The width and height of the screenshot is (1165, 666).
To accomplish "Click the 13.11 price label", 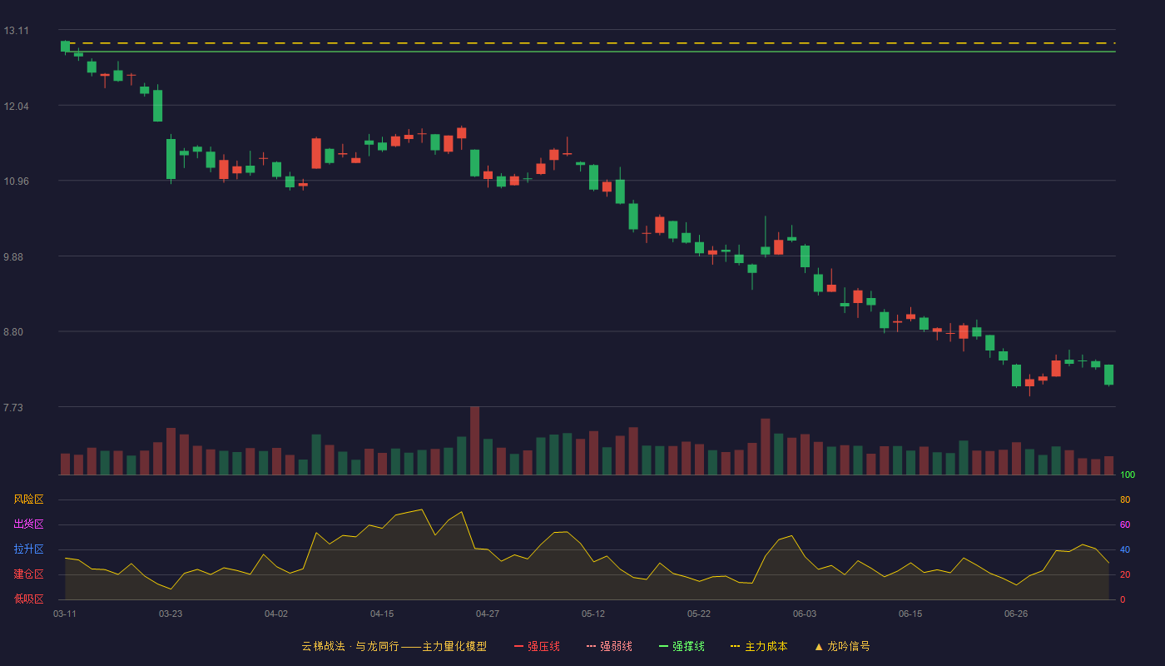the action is tap(16, 31).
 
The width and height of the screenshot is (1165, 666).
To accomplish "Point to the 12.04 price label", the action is tap(16, 107).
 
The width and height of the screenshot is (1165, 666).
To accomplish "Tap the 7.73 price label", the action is tap(13, 407).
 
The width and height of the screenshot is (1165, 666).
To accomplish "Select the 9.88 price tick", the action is tap(13, 257).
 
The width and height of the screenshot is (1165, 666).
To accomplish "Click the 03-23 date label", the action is tap(171, 614).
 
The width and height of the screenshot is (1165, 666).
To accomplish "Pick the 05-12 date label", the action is tap(593, 614).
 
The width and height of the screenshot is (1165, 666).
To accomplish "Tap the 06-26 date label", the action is tap(1016, 614).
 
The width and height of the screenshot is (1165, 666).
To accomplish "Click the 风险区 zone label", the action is tap(28, 499).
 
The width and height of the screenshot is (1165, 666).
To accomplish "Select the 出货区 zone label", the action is tap(28, 524).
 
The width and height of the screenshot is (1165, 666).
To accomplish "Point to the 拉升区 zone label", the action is tap(28, 549).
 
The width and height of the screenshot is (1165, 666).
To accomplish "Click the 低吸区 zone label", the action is tap(28, 599).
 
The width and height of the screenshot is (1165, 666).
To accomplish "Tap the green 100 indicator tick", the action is tap(1128, 475).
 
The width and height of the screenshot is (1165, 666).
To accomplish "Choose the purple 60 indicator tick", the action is tap(1125, 524).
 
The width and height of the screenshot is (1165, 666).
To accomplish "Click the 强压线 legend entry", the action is tap(537, 646).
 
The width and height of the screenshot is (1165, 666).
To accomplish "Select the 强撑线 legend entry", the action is tap(682, 646).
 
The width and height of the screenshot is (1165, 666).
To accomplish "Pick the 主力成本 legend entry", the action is tap(759, 646).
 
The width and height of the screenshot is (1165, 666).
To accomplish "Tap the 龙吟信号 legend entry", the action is tap(842, 646).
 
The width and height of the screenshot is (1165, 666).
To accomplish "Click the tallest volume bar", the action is tap(475, 440).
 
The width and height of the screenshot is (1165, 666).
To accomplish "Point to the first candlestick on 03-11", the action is tap(65, 47).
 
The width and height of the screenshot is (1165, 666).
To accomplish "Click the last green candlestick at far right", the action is tap(1108, 375).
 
